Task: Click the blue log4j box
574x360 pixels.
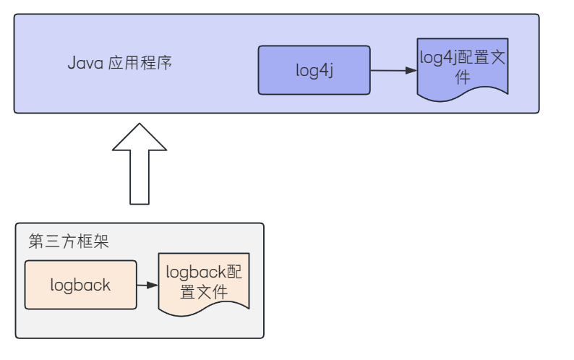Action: [314, 71]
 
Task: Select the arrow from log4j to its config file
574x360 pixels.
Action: [392, 71]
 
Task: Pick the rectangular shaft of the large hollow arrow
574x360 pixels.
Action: [140, 177]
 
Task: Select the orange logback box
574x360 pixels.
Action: [80, 285]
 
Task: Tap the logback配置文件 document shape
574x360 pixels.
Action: [204, 282]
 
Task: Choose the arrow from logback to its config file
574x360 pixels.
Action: [147, 285]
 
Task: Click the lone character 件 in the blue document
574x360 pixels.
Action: [463, 77]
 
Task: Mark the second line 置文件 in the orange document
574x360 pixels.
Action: [204, 292]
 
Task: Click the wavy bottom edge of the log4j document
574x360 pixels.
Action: [463, 94]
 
